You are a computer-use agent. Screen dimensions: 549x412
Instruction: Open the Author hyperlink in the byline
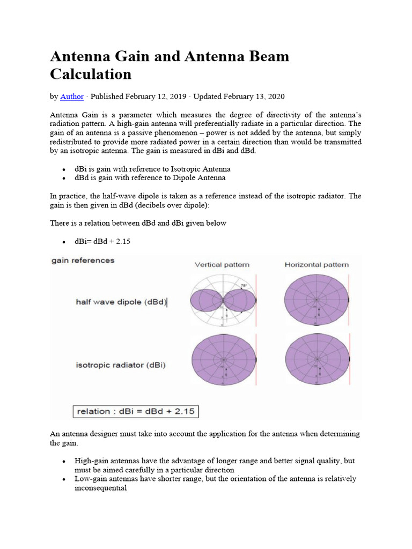(x=72, y=97)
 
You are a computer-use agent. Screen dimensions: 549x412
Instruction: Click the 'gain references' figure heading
(x=83, y=261)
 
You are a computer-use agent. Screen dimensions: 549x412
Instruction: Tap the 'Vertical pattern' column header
(x=222, y=265)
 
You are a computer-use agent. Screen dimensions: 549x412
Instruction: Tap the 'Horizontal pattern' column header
(x=317, y=265)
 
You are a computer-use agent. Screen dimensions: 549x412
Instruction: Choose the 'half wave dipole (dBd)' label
(x=121, y=302)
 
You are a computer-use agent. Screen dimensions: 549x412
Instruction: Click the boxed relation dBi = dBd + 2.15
(x=136, y=412)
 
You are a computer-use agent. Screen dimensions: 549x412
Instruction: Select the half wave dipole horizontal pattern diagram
(x=317, y=299)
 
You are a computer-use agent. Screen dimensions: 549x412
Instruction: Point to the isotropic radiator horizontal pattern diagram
(x=317, y=360)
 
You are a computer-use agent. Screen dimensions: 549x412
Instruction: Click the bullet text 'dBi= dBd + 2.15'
(x=102, y=242)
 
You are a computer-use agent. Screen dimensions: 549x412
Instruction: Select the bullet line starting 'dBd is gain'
(x=150, y=177)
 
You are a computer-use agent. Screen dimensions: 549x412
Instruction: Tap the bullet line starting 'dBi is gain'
(x=152, y=169)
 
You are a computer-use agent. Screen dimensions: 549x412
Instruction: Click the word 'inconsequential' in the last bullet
(x=100, y=488)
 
